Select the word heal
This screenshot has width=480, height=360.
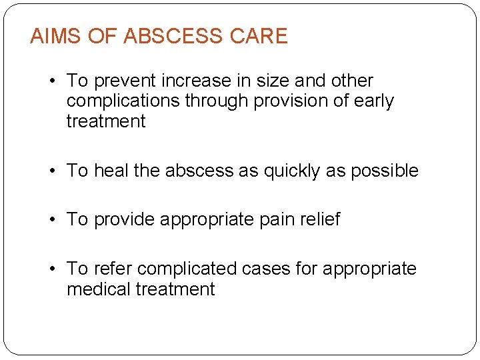[111, 171]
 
